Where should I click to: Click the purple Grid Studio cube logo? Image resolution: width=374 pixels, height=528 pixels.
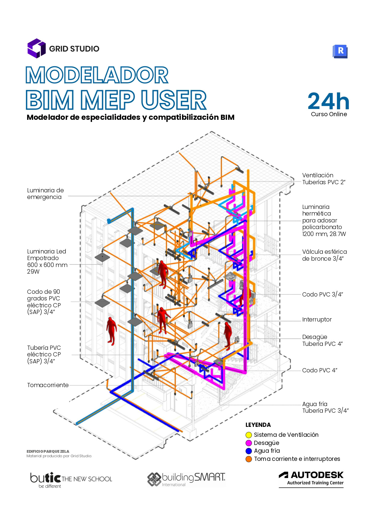tap(36, 48)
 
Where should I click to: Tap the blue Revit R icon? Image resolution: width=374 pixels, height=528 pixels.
tap(340, 51)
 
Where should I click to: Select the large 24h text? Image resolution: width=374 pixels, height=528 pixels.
tap(328, 101)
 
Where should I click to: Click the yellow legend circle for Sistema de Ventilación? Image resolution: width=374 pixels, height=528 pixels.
tap(249, 435)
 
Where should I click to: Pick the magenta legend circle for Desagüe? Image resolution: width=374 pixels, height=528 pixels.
tap(249, 443)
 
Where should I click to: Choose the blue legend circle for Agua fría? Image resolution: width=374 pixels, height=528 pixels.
tap(249, 451)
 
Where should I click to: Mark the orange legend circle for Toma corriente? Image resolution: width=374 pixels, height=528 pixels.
tap(249, 459)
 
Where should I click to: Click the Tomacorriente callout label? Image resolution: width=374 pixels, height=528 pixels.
tap(48, 385)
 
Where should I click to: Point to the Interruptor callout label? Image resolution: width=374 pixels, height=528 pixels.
tap(317, 319)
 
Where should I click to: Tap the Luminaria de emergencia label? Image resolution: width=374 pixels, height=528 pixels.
tap(46, 194)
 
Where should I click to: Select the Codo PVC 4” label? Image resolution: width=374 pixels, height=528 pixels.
tap(319, 370)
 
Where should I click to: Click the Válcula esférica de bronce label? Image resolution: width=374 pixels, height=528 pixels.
tap(324, 255)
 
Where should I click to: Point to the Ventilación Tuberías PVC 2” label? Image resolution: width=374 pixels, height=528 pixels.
tap(324, 179)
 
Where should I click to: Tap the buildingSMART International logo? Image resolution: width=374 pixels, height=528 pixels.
tap(186, 479)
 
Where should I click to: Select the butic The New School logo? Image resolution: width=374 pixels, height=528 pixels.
tap(71, 480)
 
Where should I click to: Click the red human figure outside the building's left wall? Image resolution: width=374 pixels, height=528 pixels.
tap(111, 330)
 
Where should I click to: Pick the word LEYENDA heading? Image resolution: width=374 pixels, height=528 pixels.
tap(258, 425)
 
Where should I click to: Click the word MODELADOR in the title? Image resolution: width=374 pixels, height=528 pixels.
tap(97, 75)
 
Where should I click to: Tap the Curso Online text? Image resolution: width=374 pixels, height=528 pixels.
tap(329, 114)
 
